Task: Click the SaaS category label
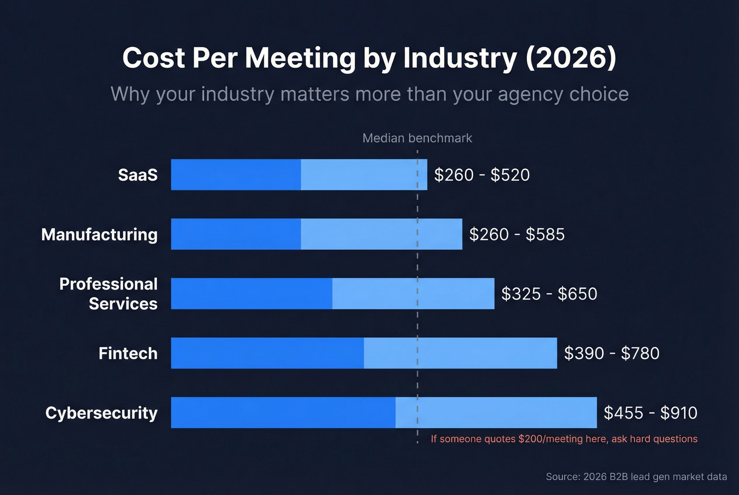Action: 138,175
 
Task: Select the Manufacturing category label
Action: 100,235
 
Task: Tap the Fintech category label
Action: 128,353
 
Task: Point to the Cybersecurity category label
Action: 102,413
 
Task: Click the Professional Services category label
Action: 109,294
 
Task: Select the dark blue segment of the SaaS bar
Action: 236,174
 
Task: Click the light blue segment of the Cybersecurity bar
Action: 496,412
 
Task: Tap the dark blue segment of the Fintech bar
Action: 267,353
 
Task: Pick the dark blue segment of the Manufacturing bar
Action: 236,234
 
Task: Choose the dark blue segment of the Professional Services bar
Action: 252,294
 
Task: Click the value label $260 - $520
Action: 481,175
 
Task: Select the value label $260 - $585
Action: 517,235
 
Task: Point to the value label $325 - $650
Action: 549,294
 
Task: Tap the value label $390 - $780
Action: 612,353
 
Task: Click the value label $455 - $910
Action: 650,413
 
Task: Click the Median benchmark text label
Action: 417,138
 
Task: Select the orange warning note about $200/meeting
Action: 564,439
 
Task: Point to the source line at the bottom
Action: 636,477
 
